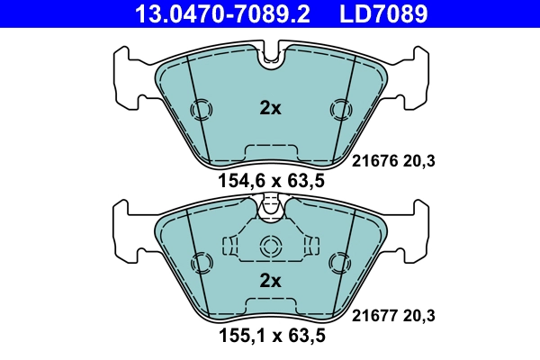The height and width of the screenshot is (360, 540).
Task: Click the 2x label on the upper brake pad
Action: point(270,109)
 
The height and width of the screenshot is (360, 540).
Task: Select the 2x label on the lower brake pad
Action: point(270,280)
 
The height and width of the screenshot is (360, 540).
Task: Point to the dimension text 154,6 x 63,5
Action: point(271,181)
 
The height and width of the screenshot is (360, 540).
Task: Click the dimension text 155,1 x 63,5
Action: point(271,337)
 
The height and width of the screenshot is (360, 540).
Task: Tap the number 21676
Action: point(370,163)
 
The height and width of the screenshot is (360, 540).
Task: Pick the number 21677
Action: point(370,316)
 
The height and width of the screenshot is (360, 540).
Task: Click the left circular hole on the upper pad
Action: point(202,110)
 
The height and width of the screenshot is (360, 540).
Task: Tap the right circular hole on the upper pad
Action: point(339,110)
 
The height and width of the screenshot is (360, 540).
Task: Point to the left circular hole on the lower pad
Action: point(202,263)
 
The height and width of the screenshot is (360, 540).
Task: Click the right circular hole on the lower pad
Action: point(339,263)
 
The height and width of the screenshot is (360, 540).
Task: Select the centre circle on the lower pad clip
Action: point(270,247)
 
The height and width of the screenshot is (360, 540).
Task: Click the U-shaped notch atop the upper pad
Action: point(270,59)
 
